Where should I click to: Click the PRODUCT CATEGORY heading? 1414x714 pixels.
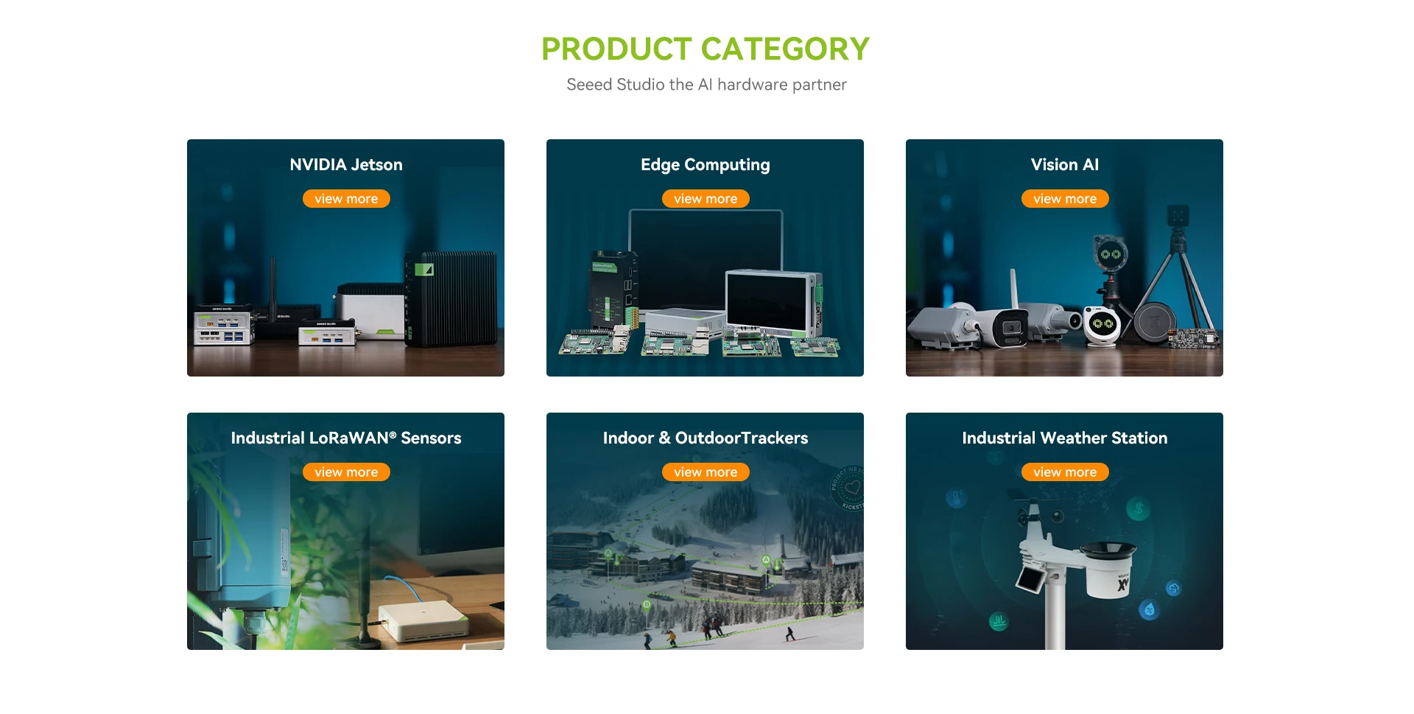(706, 49)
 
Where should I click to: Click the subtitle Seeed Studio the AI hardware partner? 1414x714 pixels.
(706, 85)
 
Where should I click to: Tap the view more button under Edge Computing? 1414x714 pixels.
(706, 199)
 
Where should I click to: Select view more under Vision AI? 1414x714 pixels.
(1065, 199)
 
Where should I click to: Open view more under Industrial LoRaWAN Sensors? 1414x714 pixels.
(346, 472)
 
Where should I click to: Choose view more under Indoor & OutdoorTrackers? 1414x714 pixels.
(706, 472)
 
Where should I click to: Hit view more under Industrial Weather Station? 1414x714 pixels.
(1065, 472)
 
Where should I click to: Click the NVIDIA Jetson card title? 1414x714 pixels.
(346, 164)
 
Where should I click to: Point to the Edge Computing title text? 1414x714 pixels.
(706, 165)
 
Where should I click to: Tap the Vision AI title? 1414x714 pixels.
(1065, 164)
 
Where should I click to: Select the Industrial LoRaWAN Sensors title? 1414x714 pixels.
(346, 438)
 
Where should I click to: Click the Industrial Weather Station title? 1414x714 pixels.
(1065, 438)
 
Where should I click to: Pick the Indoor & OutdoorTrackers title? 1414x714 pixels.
(706, 438)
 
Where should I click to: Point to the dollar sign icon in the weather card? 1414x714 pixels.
(1139, 508)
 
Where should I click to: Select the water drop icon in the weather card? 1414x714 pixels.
(1150, 609)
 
